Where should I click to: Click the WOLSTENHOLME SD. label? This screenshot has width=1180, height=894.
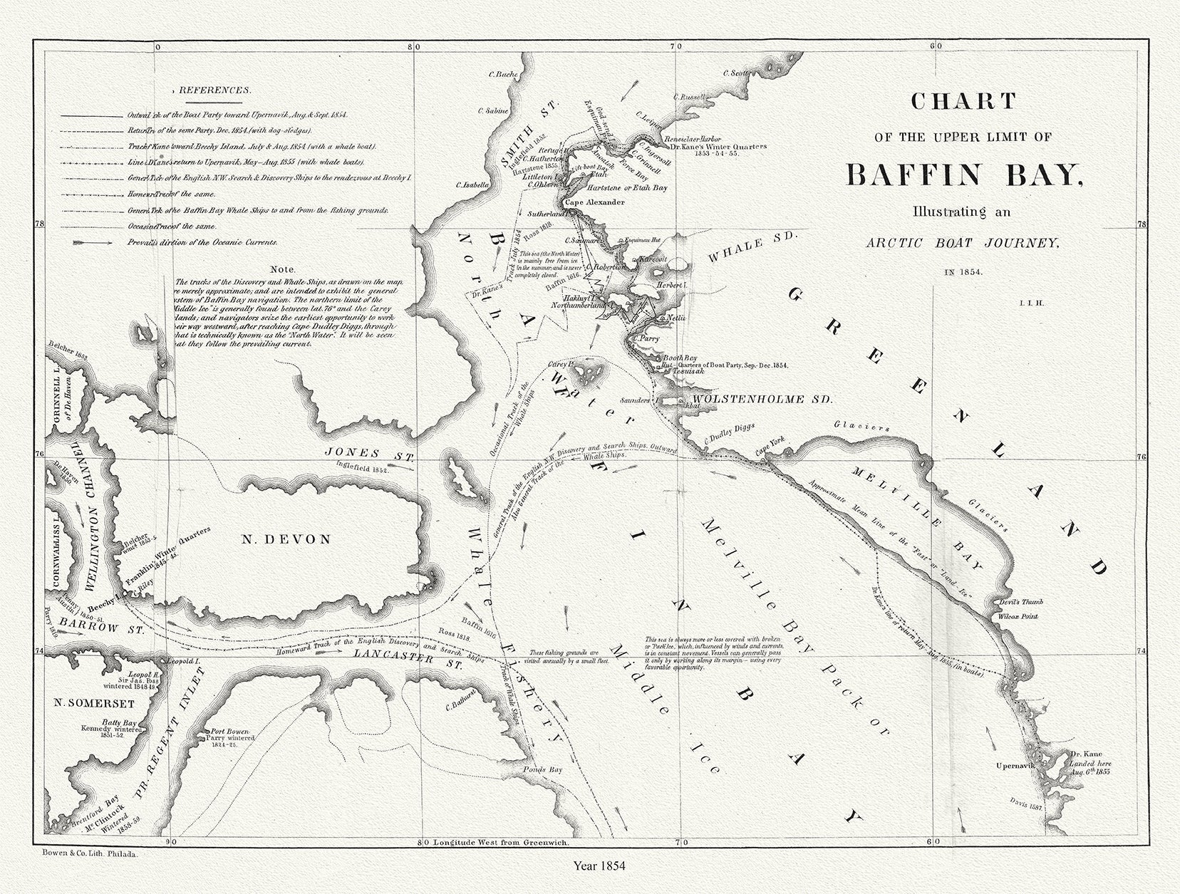coord(758,400)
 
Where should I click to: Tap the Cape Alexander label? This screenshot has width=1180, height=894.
coord(595,203)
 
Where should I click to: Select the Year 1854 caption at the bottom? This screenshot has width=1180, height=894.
coord(599,866)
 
